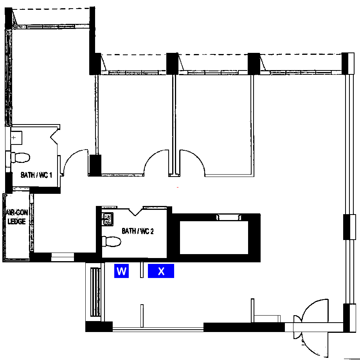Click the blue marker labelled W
click(121, 271)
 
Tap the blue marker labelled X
click(161, 271)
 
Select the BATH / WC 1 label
click(36, 175)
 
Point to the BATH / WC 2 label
click(138, 231)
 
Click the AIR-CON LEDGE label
click(16, 217)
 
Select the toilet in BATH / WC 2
click(112, 241)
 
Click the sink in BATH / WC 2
click(108, 219)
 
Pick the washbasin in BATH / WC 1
click(16, 138)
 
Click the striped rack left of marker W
click(95, 292)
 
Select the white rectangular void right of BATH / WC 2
click(214, 238)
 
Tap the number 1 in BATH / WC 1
click(50, 175)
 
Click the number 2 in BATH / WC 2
click(152, 231)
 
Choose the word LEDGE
click(16, 221)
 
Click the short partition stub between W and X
click(142, 270)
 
